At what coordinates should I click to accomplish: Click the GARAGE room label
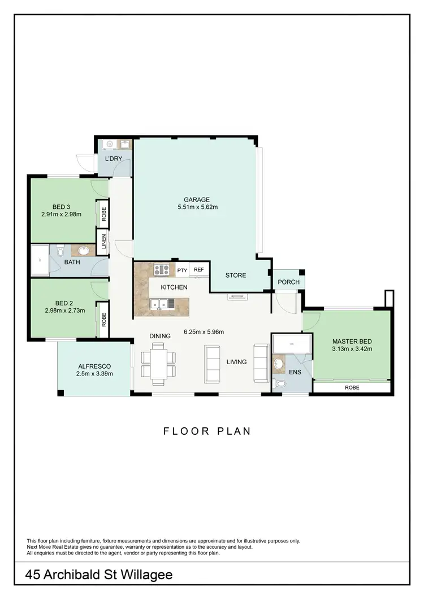(196, 199)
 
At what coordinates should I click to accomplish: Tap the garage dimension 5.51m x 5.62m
(196, 207)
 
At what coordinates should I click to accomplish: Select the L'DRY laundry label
(114, 159)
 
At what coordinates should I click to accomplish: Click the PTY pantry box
(181, 270)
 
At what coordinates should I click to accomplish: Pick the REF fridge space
(198, 270)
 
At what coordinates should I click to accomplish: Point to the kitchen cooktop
(162, 270)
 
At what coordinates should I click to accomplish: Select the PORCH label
(288, 282)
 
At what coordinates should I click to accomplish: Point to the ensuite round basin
(279, 364)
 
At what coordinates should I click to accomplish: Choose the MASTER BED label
(351, 342)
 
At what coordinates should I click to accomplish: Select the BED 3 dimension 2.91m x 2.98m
(61, 215)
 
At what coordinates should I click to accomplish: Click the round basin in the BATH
(84, 251)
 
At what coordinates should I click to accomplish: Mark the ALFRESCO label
(94, 365)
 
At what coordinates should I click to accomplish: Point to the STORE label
(236, 276)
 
